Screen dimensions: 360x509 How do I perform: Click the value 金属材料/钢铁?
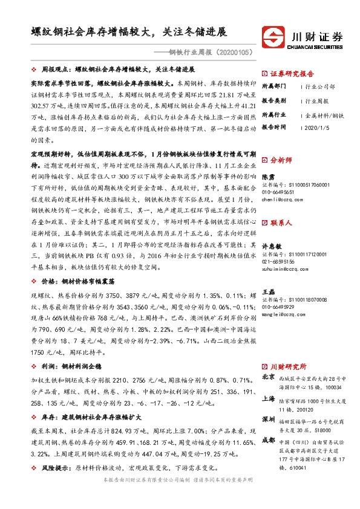(324, 114)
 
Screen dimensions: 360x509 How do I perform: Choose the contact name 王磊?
(268, 292)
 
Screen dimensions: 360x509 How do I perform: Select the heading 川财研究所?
(289, 366)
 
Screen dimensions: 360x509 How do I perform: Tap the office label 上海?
(269, 399)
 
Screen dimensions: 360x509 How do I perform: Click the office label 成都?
(269, 441)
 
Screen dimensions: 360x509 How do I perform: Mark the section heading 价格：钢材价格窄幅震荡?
(79, 282)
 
